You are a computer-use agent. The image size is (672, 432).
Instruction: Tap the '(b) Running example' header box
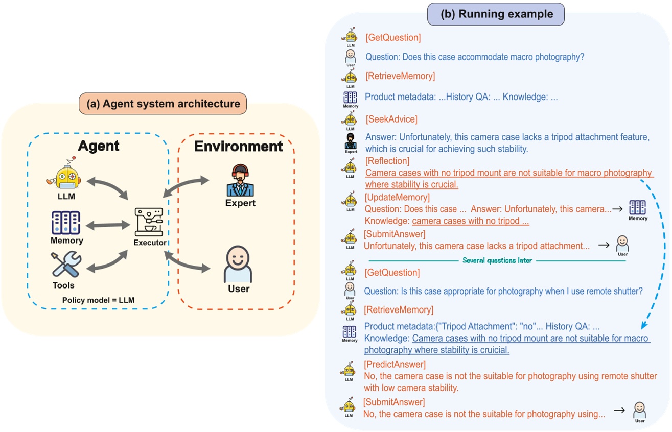pyautogui.click(x=497, y=14)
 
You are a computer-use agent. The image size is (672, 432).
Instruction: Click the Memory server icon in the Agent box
pyautogui.click(x=66, y=223)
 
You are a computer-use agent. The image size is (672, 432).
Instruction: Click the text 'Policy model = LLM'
pyautogui.click(x=98, y=300)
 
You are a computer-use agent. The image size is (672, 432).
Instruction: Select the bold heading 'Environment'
pyautogui.click(x=238, y=147)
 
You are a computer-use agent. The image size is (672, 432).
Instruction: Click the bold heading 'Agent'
pyautogui.click(x=98, y=146)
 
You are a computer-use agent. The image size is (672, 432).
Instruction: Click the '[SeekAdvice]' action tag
pyautogui.click(x=391, y=119)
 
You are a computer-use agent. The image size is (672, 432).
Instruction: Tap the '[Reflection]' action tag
pyautogui.click(x=387, y=161)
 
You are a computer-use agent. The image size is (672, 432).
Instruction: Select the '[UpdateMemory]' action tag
pyautogui.click(x=397, y=197)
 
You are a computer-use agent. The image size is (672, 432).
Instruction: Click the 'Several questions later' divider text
pyautogui.click(x=497, y=260)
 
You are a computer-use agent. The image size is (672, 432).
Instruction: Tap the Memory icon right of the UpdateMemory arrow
pyautogui.click(x=637, y=208)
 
